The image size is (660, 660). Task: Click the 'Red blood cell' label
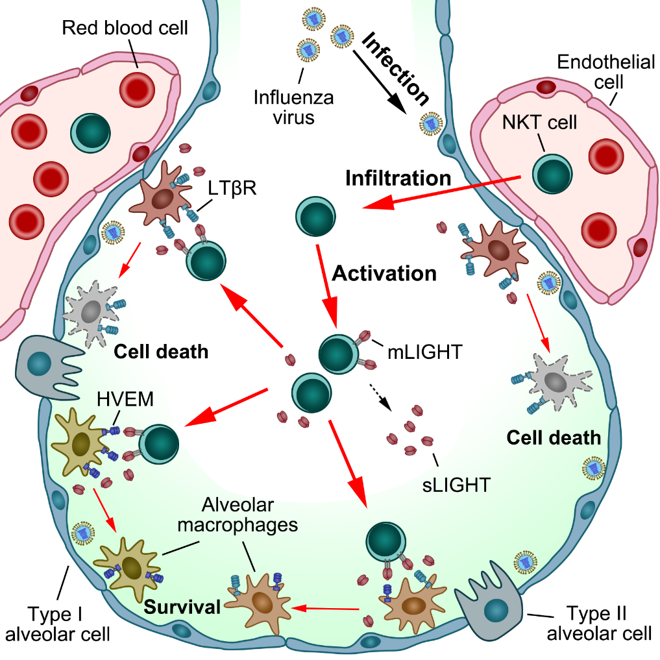click(x=125, y=28)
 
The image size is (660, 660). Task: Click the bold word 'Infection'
click(x=396, y=69)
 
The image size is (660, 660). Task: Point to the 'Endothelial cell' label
click(x=596, y=72)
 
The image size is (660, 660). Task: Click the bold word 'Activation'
click(x=384, y=273)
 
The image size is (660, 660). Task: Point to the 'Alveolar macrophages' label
click(x=249, y=515)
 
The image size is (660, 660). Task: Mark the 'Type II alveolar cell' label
click(x=598, y=623)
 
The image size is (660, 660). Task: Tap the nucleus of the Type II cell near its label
click(x=497, y=611)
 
